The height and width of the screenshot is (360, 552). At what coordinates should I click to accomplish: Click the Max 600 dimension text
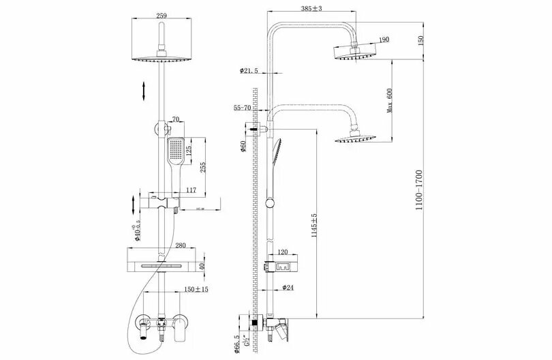coord(390,100)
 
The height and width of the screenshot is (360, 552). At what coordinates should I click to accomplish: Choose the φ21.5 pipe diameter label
coord(249,71)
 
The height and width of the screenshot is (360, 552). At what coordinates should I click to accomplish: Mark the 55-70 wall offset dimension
coord(243,108)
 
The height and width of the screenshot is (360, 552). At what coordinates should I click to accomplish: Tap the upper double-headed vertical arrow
coord(144,91)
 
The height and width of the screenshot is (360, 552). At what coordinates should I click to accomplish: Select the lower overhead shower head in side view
coord(353,139)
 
